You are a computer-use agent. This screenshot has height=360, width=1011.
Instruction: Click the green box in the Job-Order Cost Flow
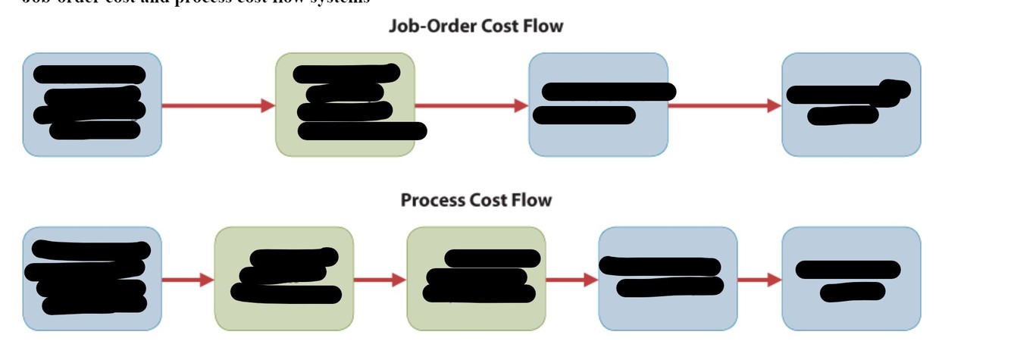pyautogui.click(x=345, y=105)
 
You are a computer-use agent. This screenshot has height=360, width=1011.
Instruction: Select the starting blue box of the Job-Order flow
pyautogui.click(x=92, y=105)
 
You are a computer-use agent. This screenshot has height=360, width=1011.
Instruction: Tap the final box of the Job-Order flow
pyautogui.click(x=851, y=105)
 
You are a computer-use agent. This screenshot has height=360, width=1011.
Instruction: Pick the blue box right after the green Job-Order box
pyautogui.click(x=598, y=105)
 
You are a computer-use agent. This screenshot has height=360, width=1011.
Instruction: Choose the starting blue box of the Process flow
pyautogui.click(x=92, y=279)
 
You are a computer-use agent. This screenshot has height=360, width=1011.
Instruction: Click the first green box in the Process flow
pyautogui.click(x=284, y=279)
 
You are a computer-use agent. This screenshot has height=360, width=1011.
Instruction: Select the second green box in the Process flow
pyautogui.click(x=476, y=279)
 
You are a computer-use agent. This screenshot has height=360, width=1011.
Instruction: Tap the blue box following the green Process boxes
pyautogui.click(x=668, y=279)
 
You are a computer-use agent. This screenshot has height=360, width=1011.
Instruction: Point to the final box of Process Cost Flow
pyautogui.click(x=851, y=279)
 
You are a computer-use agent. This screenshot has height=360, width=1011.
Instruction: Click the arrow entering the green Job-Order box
pyautogui.click(x=218, y=105)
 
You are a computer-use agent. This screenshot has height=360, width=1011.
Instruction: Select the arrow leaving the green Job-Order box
pyautogui.click(x=471, y=105)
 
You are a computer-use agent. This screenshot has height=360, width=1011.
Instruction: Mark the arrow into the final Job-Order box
pyautogui.click(x=725, y=105)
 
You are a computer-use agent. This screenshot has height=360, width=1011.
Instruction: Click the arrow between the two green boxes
pyautogui.click(x=380, y=280)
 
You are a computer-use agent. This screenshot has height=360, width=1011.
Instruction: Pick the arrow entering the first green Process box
pyautogui.click(x=188, y=280)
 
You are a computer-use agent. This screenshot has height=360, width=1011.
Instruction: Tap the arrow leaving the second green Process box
pyautogui.click(x=572, y=280)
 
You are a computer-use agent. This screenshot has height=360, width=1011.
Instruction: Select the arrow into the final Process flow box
pyautogui.click(x=759, y=280)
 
